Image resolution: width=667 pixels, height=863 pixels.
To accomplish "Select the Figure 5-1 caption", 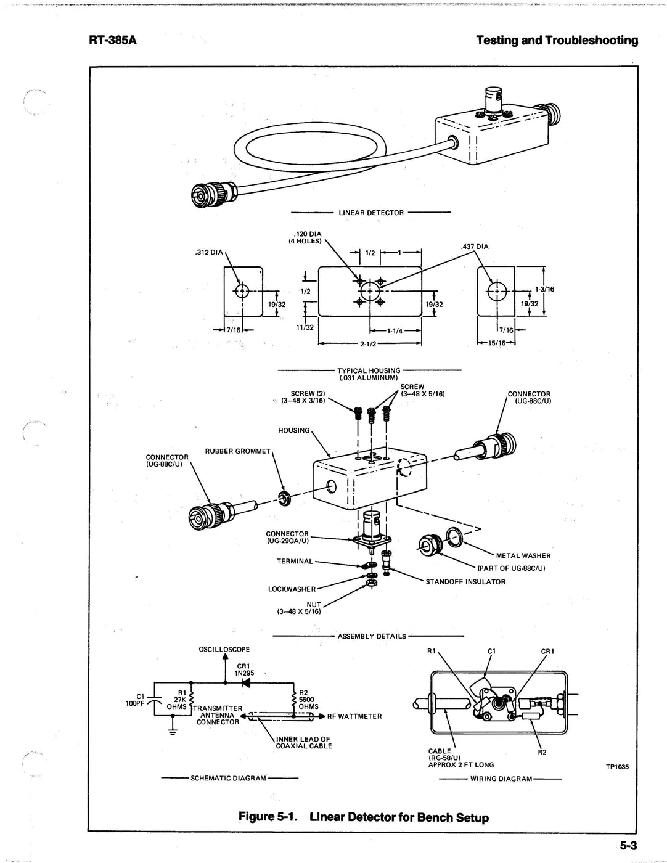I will point(364,817).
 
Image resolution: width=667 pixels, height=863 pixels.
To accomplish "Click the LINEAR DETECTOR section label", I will point(371,213).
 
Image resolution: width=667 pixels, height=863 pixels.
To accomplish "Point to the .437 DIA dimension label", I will point(475,247).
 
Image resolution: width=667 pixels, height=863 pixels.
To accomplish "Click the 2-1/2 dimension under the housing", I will point(368,344).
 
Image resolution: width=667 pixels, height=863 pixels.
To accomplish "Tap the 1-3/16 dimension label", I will point(545,288).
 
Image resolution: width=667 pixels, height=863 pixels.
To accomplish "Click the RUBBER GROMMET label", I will point(238,451).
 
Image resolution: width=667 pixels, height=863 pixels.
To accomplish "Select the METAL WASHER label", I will point(523,555).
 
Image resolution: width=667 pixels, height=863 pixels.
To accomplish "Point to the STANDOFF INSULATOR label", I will point(465,581).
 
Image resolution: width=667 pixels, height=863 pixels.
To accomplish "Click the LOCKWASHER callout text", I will point(292,589).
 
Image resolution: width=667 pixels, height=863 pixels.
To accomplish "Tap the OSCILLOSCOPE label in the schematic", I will point(224,649).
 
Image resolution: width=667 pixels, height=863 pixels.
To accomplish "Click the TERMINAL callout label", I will point(295,562).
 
